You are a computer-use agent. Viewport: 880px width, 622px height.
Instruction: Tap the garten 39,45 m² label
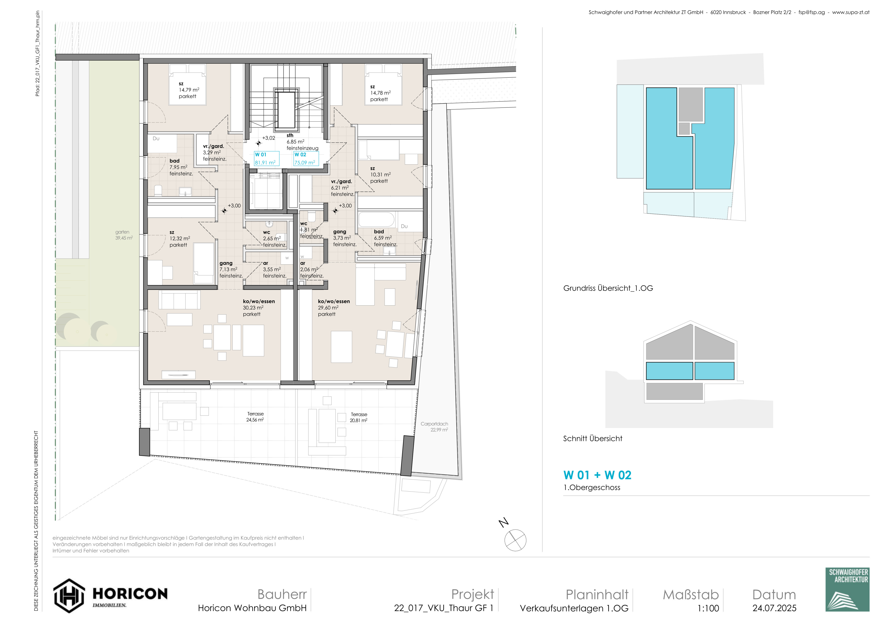pos(124,235)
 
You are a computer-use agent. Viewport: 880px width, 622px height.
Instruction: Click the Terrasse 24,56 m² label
pos(255,417)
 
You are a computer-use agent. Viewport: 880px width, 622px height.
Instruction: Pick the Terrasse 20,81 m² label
pos(359,417)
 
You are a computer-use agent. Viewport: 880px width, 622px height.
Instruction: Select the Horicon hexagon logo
pos(69,596)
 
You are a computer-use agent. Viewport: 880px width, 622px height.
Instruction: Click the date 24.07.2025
pos(774,608)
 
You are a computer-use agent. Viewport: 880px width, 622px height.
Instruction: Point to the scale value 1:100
pos(708,608)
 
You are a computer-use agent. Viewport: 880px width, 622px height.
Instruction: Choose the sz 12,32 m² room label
pos(180,238)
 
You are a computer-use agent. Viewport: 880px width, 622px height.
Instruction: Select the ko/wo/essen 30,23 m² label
pos(259,308)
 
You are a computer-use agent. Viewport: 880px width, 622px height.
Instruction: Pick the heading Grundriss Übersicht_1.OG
pos(608,288)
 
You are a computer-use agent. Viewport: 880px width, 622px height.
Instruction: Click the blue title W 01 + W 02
pos(597,475)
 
